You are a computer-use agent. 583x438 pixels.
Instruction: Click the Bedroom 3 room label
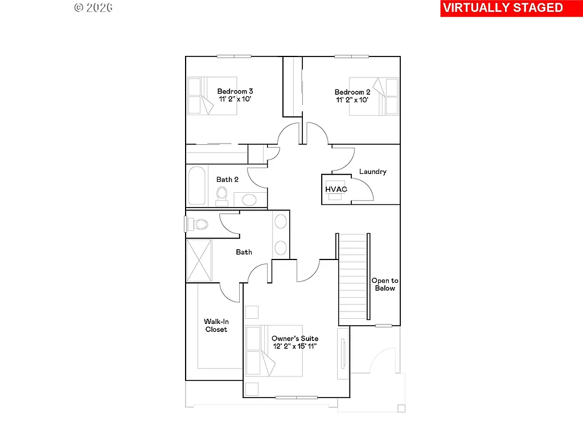tap(235, 91)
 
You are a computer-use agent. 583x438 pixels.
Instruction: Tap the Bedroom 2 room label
tap(352, 92)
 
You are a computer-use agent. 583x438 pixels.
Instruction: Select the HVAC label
tap(336, 189)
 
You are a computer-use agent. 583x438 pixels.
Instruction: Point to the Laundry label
tap(373, 172)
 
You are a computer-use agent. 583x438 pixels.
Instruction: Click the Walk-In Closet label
tap(216, 326)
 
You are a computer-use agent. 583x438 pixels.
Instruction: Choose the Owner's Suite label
tap(295, 338)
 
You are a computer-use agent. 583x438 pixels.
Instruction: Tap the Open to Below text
tap(385, 284)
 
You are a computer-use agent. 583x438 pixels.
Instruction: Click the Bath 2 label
tap(227, 180)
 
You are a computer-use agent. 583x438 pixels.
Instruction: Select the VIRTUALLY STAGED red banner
tap(503, 8)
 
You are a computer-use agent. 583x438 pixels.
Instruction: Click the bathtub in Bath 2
tap(198, 185)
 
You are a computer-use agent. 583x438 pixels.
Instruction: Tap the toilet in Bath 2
tap(222, 194)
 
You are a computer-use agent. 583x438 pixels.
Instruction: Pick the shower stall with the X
tap(199, 260)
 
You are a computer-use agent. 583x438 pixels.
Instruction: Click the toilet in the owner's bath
tap(198, 224)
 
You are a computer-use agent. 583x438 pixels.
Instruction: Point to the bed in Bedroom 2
tap(373, 96)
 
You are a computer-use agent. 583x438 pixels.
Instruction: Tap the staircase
tap(353, 278)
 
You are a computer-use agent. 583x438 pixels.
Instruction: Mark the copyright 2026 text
tap(93, 7)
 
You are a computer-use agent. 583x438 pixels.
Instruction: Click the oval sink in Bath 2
tap(249, 200)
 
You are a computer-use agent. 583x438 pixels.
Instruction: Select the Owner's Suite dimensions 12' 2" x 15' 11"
tap(295, 346)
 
